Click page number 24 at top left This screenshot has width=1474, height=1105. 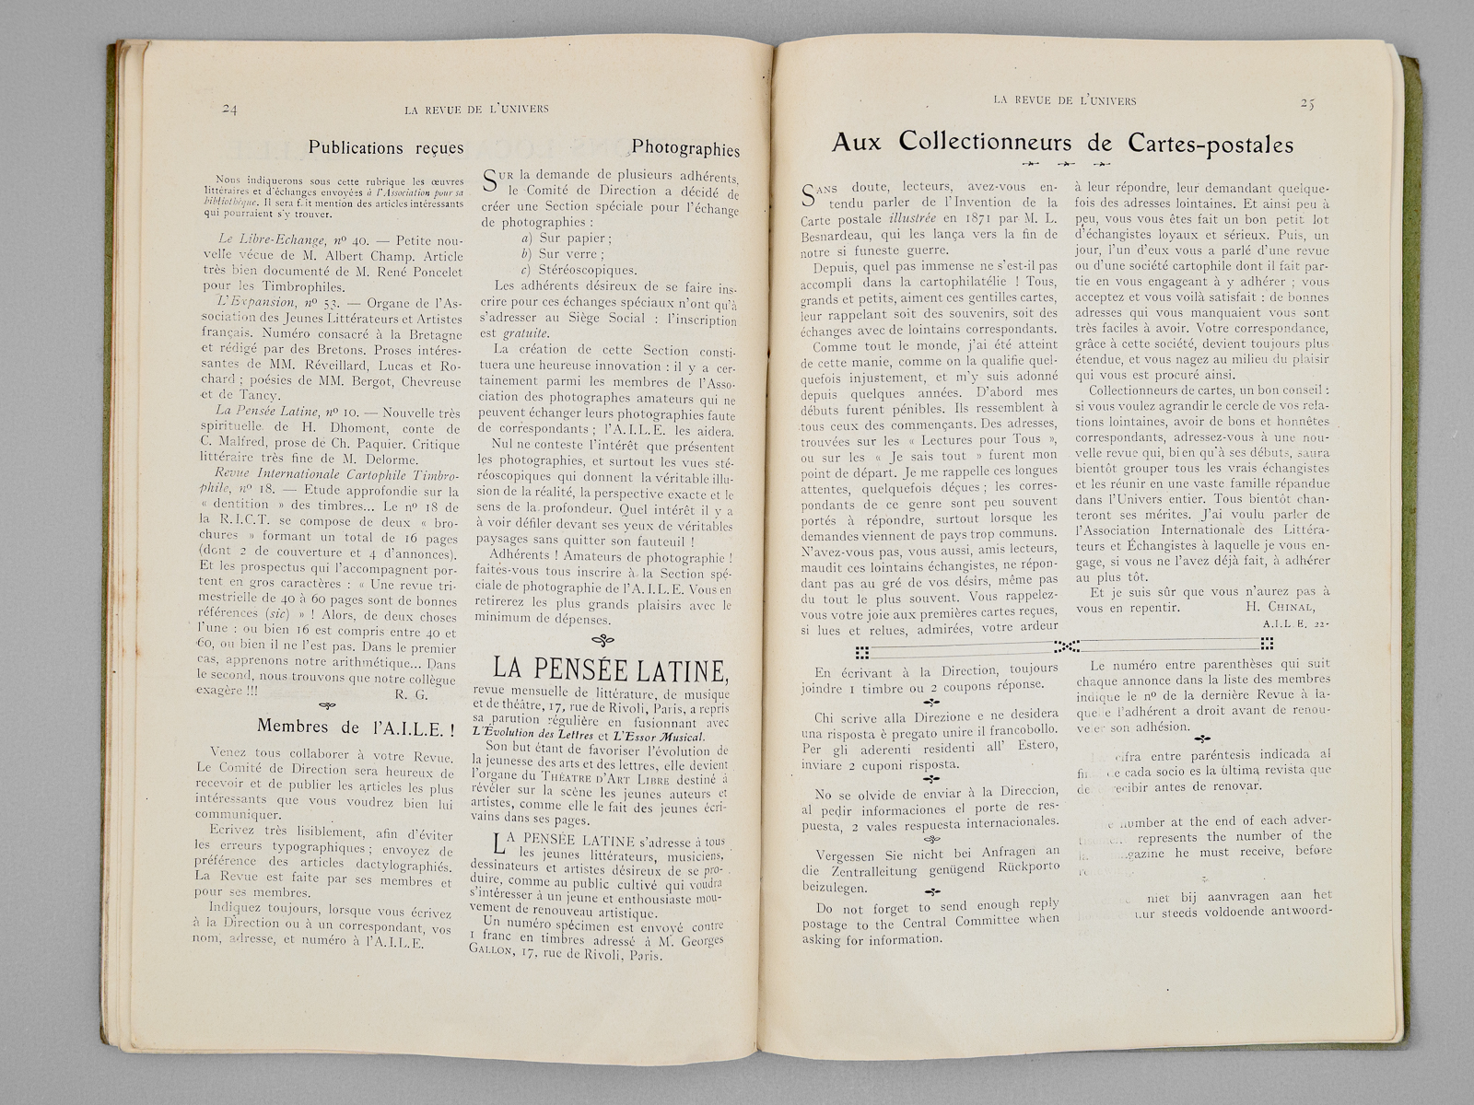[230, 109]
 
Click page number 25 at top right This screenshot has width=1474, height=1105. [1306, 103]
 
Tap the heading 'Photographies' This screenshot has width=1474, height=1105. [685, 148]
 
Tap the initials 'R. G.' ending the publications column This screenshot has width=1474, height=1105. [408, 692]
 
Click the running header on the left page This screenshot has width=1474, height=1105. [477, 109]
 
